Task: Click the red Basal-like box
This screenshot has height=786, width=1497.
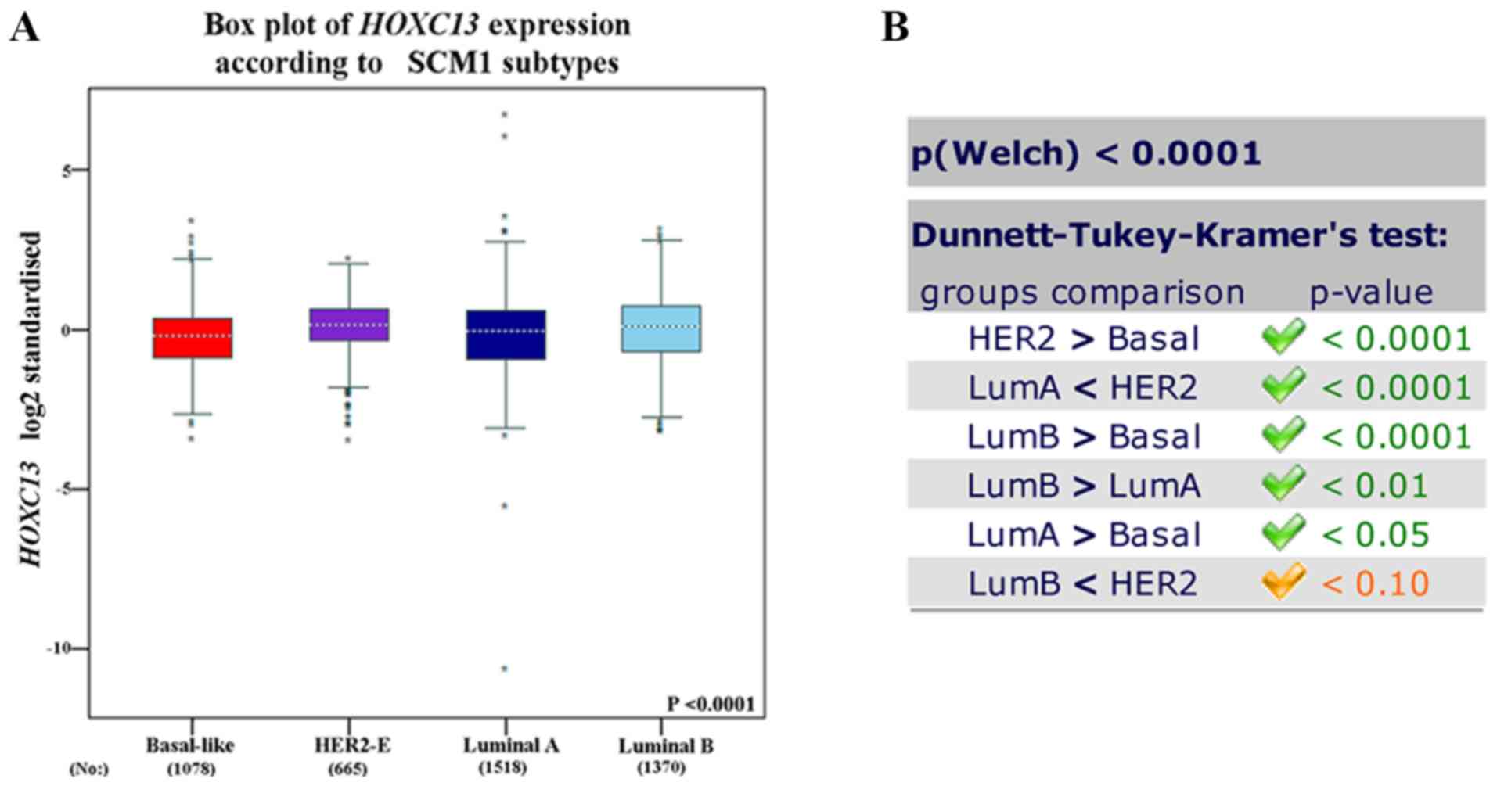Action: click(192, 337)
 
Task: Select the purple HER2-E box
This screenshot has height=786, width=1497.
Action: click(349, 324)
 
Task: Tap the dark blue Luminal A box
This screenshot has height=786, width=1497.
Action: click(506, 335)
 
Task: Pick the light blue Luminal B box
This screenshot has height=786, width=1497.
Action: click(661, 328)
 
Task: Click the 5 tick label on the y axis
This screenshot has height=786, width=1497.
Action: click(67, 170)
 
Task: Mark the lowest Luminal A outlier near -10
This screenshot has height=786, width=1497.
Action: click(505, 669)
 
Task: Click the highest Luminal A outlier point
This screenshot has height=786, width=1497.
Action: click(505, 114)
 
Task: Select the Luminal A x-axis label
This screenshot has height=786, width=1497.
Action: click(510, 745)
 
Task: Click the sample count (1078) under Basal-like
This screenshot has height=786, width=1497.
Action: click(191, 768)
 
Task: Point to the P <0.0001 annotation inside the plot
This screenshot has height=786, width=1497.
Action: click(711, 704)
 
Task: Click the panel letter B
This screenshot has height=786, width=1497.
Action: click(895, 28)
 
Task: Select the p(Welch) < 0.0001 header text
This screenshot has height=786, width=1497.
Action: click(1086, 153)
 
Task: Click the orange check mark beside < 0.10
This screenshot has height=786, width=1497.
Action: click(1283, 581)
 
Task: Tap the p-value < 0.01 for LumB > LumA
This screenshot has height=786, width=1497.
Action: click(1375, 486)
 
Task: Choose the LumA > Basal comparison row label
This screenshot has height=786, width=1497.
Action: click(1083, 535)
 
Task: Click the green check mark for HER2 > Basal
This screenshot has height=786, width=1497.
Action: click(1283, 337)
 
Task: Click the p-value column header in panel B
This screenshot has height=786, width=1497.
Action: click(1371, 293)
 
